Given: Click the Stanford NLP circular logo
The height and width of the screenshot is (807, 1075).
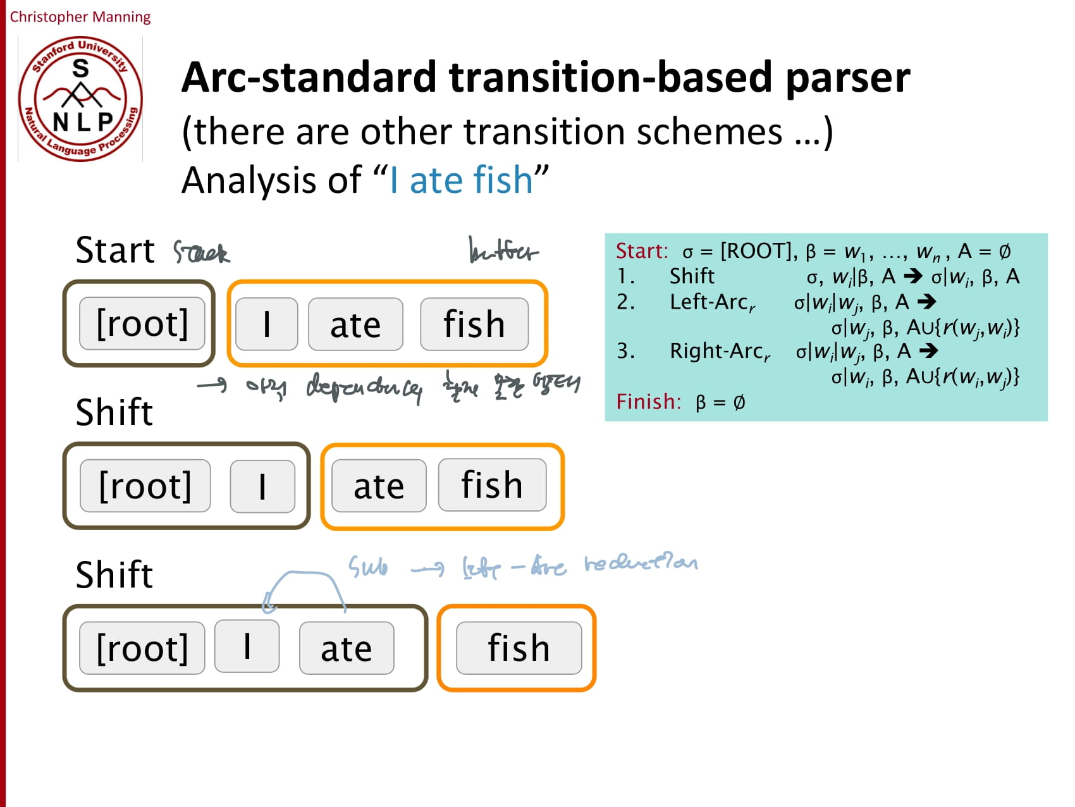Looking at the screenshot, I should point(80,99).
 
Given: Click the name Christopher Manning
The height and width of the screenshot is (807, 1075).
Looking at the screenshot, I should point(80,16).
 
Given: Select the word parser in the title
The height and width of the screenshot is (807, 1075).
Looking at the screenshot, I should point(847,78).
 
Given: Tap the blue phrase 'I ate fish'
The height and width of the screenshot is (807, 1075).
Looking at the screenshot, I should point(462,180).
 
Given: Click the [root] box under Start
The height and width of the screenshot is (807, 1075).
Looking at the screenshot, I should point(142,324).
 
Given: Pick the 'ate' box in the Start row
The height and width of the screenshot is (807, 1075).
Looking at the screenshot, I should point(355,324).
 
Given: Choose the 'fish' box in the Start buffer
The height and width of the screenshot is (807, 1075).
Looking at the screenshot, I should point(474,324).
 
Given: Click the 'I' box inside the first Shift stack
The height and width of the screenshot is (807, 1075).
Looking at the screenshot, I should point(262,486).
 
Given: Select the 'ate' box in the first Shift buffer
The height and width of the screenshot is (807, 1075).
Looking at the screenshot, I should point(378,486).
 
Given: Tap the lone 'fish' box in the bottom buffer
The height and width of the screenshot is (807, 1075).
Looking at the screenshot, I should point(519,648).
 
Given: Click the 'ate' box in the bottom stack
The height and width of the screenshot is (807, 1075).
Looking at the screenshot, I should point(346,648).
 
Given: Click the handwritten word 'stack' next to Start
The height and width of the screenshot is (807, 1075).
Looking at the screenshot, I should point(201,253).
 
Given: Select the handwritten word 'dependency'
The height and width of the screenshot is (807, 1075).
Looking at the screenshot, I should point(364,387).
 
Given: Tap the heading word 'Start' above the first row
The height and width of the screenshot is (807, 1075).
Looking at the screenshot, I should point(114,250).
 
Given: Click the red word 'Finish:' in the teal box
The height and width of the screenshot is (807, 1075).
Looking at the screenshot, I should point(648,402).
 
